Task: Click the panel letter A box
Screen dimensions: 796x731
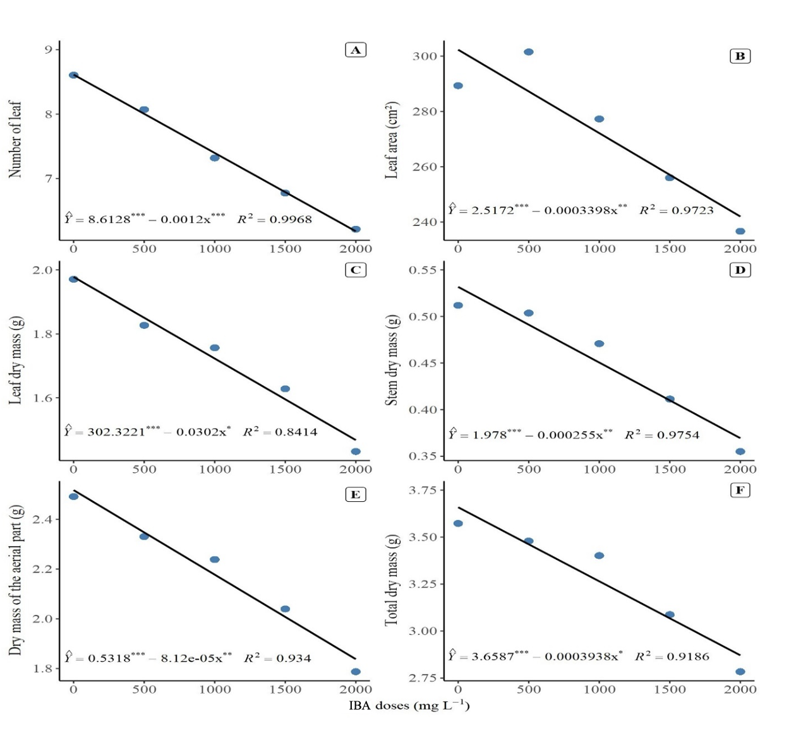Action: [355, 50]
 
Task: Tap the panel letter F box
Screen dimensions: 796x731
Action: [740, 490]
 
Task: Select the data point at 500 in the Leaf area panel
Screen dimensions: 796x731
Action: [529, 52]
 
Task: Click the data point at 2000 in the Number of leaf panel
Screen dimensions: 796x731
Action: [356, 229]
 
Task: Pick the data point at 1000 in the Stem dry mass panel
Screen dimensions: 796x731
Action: [599, 343]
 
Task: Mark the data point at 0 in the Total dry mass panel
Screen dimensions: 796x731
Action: [458, 523]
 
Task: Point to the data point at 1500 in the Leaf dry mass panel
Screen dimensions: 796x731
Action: [286, 389]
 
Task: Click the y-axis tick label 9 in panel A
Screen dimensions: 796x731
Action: [49, 50]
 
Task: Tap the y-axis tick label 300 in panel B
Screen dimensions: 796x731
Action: [425, 56]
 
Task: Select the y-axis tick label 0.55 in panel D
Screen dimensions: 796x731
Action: [423, 270]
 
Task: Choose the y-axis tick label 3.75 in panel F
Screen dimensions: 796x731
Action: [423, 490]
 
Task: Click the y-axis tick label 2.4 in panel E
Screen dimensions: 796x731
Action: [42, 519]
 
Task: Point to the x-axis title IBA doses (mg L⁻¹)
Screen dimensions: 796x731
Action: [409, 706]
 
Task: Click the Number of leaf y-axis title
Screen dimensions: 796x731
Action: [15, 140]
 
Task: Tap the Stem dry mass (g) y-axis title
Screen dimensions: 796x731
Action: [392, 360]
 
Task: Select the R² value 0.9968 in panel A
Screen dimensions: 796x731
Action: [291, 219]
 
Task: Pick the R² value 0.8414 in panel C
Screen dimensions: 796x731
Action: [296, 432]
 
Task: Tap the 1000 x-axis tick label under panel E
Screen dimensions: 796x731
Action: [215, 689]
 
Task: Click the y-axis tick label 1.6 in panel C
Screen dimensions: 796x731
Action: [42, 398]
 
